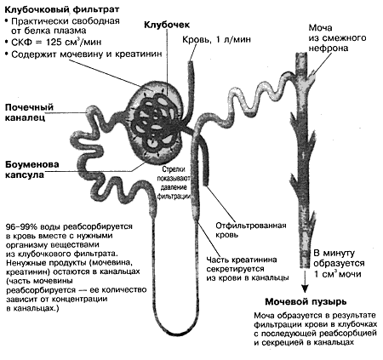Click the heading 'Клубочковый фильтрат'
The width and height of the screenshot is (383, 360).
[62, 9]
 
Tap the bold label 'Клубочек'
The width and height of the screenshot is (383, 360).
[167, 25]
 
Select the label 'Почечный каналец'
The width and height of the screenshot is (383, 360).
[29, 112]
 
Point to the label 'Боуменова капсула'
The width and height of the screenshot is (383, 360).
[32, 169]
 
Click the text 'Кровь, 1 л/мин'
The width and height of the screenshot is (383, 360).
[216, 39]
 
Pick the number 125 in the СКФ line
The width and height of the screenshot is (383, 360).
[54, 43]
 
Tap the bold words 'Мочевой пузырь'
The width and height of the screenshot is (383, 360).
[306, 301]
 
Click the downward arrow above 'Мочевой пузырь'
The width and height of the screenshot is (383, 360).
[305, 281]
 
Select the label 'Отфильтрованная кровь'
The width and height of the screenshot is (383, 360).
[251, 230]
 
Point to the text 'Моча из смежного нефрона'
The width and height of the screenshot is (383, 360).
[337, 37]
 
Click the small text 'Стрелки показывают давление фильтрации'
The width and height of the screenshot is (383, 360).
[174, 183]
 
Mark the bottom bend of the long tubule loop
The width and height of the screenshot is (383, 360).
[176, 334]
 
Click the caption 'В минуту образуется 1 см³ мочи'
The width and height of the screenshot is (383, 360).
[339, 264]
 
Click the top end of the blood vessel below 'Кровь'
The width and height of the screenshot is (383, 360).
[191, 62]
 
